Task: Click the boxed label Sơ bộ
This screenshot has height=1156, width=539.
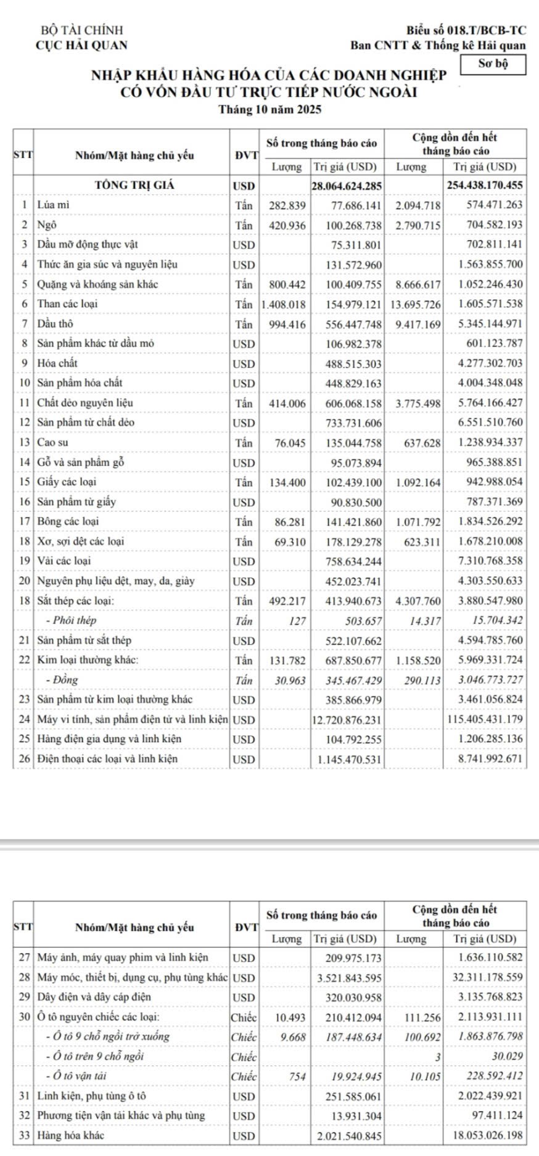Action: [x=493, y=64]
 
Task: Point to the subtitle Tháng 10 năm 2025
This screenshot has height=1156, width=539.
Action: [x=270, y=110]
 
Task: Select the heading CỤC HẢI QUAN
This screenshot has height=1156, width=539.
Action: [x=82, y=45]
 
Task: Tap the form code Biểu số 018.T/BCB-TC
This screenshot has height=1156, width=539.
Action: [x=466, y=30]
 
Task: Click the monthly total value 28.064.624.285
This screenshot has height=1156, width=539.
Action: [x=347, y=186]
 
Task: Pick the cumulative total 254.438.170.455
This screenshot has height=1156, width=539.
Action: [x=483, y=186]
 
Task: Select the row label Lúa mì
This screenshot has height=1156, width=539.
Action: [x=49, y=204]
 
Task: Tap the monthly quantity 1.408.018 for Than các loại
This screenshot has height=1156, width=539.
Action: [x=283, y=304]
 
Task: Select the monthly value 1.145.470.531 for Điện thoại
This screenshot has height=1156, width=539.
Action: [x=350, y=759]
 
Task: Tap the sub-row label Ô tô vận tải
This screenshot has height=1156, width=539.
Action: [x=77, y=1075]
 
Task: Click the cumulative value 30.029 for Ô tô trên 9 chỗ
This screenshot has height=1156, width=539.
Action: [x=509, y=1056]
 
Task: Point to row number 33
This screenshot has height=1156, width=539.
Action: [x=24, y=1135]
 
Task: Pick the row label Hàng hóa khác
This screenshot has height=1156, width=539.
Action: [x=70, y=1135]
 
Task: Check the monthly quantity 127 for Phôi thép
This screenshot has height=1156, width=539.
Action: [x=298, y=621]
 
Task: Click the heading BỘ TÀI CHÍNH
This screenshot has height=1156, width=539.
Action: [x=81, y=30]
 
